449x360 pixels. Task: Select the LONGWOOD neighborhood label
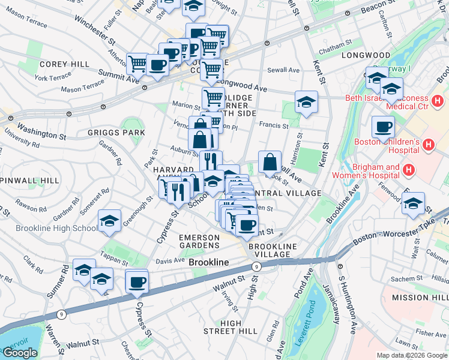tap(366, 55)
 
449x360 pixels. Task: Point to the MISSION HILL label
tap(419, 298)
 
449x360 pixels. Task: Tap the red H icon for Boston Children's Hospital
tap(429, 145)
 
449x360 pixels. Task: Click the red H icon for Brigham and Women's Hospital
tap(409, 171)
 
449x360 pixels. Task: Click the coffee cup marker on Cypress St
tap(137, 281)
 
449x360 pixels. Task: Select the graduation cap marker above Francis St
tap(306, 102)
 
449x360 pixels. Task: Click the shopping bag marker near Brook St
tap(270, 161)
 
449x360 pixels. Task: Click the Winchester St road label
tap(95, 30)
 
